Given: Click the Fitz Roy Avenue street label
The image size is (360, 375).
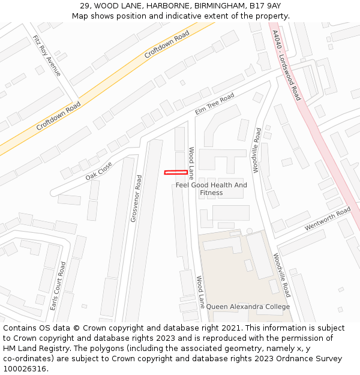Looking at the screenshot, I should pos(47,55).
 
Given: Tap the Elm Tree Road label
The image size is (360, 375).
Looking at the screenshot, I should pos(214,104).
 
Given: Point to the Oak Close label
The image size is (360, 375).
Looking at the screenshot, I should pos(98,170).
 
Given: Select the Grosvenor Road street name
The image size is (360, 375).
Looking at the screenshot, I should pos(136,198).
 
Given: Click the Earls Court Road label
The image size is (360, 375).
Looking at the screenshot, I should pos(58,285).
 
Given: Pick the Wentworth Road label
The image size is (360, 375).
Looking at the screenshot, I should pos(327,219).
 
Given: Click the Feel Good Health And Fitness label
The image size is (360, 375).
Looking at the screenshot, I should pos(211,189).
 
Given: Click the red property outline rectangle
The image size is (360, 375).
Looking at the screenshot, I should pos(176,173).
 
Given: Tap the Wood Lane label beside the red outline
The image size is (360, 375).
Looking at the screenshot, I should pos(191,163).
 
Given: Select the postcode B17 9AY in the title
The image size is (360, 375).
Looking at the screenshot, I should pos(266,5).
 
